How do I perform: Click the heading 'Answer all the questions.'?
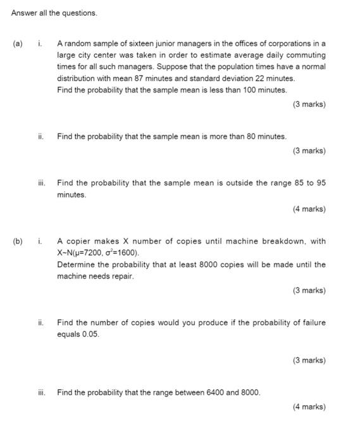(x=54, y=13)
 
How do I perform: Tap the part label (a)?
(x=17, y=44)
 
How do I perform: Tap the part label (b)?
(x=17, y=241)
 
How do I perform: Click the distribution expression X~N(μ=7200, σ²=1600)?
(x=97, y=253)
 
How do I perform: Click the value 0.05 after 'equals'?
(x=90, y=334)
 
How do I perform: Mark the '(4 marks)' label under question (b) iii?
(x=309, y=407)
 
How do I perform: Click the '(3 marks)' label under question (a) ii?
(x=309, y=151)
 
